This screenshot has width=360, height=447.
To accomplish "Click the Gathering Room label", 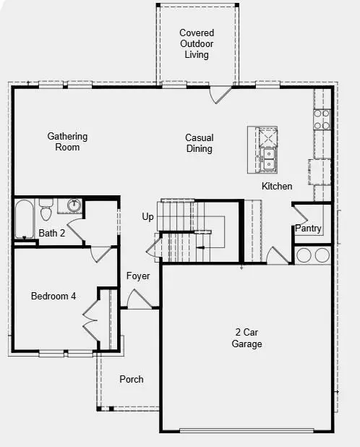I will coord(68,142).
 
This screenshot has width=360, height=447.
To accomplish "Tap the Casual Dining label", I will coord(199,143).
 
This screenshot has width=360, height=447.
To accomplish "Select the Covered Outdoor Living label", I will coord(197,43).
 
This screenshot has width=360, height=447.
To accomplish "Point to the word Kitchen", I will coord(277,187).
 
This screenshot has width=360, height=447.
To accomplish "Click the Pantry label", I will coord(308,229).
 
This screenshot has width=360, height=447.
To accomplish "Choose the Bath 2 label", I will coord(52,233).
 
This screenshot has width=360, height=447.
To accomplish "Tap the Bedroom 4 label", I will coord(53,296).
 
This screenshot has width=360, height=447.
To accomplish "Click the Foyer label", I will coord(138,276).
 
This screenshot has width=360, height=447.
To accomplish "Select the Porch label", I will coord(132,379).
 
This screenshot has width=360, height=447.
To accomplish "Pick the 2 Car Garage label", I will coord(247,338).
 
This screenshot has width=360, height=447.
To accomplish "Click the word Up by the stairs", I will coord(147,217).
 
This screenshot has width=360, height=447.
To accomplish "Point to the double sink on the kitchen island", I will coord(269,158).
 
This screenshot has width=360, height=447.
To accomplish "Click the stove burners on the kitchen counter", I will coord(321,119).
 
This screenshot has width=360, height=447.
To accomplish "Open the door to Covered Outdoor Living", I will coord(220,94).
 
